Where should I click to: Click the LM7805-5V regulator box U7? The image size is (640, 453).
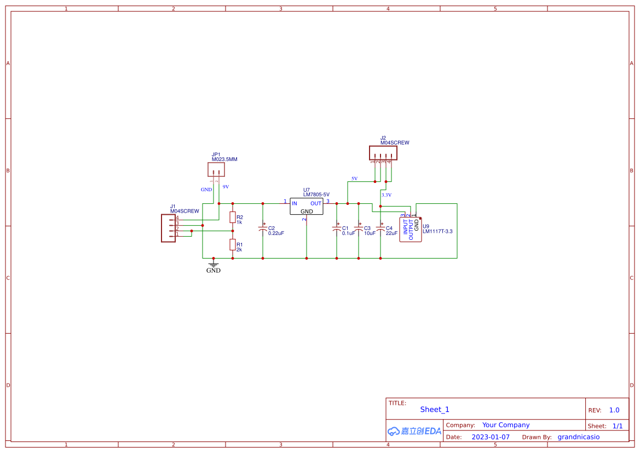point(307,207)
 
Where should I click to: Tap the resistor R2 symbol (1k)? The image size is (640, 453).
point(233,217)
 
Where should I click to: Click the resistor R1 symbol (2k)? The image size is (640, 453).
point(233,244)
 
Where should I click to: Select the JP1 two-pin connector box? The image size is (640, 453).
point(216,169)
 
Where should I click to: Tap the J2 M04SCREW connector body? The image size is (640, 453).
point(383,152)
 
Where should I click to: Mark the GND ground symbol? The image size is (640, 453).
point(214,266)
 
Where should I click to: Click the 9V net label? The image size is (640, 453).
point(226,187)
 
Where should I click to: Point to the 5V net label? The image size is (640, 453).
point(354,179)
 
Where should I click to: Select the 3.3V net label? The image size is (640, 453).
point(387,195)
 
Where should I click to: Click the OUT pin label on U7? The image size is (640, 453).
point(316,203)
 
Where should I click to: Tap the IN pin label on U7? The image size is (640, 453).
point(295,203)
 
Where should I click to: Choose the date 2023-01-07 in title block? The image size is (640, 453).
point(491,437)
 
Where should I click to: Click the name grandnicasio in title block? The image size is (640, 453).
point(578,437)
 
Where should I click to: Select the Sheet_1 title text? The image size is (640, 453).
point(435,409)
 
